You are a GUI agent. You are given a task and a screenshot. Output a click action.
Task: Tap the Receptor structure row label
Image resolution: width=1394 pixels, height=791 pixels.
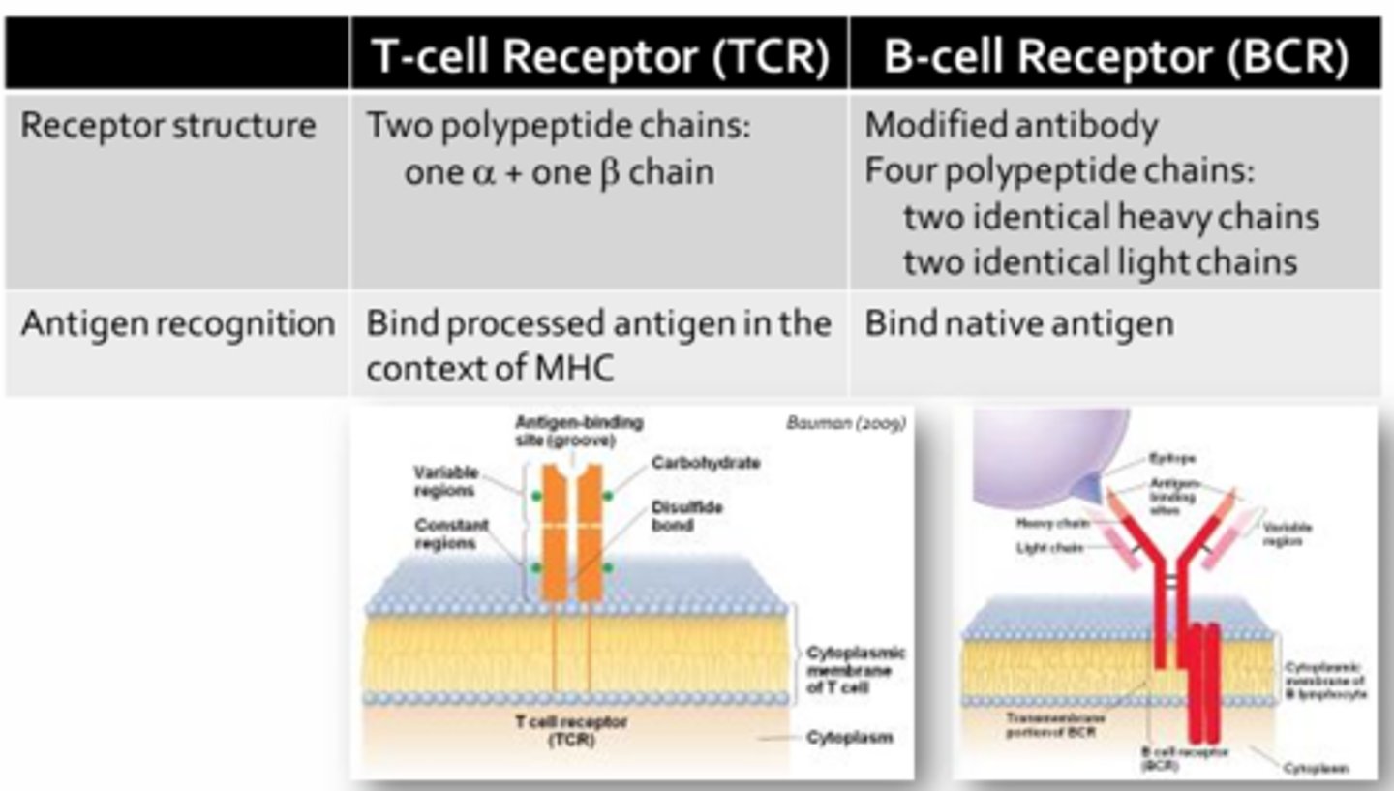168,126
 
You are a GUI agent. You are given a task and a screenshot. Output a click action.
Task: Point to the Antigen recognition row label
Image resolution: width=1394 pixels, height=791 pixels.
177,323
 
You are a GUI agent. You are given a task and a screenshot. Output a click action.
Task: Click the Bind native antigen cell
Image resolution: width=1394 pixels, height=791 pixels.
1018,323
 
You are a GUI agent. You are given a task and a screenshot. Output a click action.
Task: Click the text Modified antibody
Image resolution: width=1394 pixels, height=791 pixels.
1011,126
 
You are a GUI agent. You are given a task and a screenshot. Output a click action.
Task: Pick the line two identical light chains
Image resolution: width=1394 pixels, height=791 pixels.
1100,261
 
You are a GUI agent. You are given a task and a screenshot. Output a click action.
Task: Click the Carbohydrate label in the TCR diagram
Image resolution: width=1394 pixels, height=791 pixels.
705,463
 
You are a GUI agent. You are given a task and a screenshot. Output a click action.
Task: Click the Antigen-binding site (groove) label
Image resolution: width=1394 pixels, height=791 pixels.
578,430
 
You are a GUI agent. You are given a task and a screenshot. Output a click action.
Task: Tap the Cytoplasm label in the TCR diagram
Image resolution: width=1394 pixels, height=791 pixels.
849,738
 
